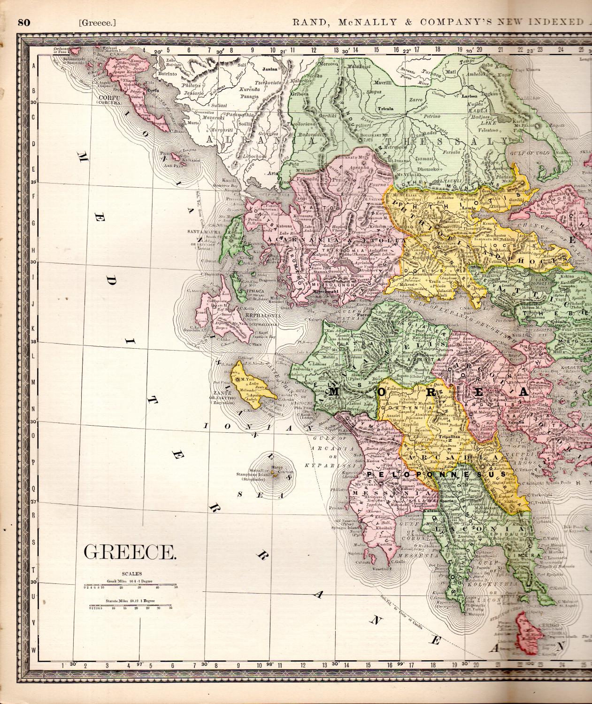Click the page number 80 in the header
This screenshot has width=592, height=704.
click(24, 22)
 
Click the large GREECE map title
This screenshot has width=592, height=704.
click(130, 552)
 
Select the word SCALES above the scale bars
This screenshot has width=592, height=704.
click(130, 574)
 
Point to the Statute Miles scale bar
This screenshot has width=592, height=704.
click(131, 607)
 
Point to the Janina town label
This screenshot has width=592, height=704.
click(268, 69)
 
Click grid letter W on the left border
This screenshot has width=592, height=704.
click(34, 650)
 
